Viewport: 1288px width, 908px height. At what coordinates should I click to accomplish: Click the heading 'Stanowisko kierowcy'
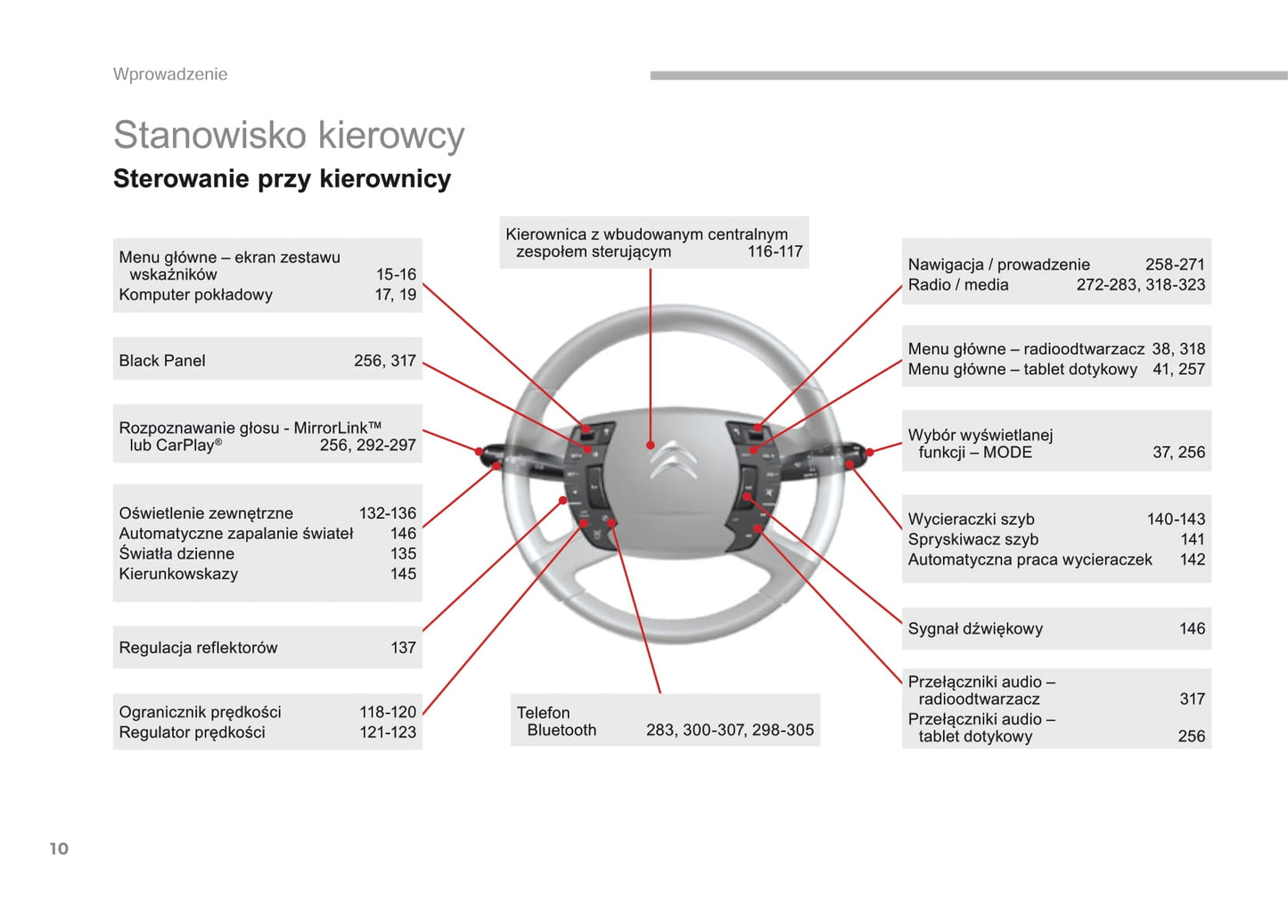tap(289, 135)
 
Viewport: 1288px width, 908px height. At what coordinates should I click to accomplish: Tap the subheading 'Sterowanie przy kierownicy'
tap(282, 179)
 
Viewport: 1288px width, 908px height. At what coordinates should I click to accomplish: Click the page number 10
tap(59, 848)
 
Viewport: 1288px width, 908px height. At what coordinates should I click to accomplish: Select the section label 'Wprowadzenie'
tap(170, 74)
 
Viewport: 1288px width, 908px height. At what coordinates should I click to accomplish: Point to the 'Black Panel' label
tap(162, 361)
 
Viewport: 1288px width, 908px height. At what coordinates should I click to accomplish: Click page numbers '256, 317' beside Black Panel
tap(384, 361)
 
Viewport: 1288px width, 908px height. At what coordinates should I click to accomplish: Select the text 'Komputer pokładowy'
tap(196, 295)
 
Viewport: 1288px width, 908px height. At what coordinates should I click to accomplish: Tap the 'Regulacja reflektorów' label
tap(198, 648)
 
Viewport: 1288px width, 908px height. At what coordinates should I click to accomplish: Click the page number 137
tap(403, 648)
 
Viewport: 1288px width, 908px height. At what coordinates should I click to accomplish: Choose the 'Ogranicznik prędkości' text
tap(200, 712)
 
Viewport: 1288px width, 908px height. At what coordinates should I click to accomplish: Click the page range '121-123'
tap(388, 732)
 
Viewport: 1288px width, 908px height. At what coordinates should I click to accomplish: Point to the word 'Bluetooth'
tap(562, 731)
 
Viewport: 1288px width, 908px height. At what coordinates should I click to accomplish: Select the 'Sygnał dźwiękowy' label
tap(975, 629)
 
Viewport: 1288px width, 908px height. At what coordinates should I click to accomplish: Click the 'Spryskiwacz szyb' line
tap(973, 540)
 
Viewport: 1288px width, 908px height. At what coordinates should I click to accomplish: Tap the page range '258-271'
tap(1175, 265)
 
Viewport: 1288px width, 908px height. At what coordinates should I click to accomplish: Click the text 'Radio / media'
tap(958, 285)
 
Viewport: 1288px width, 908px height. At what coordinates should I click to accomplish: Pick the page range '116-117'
tap(775, 252)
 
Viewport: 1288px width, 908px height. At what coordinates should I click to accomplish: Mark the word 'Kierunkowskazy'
tap(178, 574)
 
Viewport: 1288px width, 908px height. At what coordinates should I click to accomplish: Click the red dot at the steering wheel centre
tap(651, 445)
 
